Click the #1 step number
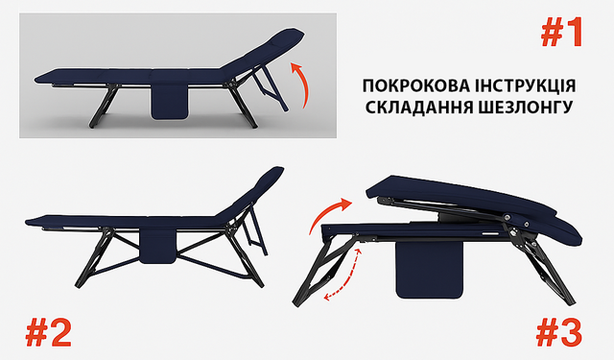pos(561,34)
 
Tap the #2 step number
pos(49,332)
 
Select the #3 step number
pos(558,332)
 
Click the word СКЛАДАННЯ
pos(418,107)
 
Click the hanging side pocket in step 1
pos(169,101)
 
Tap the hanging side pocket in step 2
pos(157,245)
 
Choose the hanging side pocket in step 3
pos(429,271)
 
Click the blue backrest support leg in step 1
pos(271,88)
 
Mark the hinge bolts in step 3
pos(517,224)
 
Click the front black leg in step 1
pos(103,106)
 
